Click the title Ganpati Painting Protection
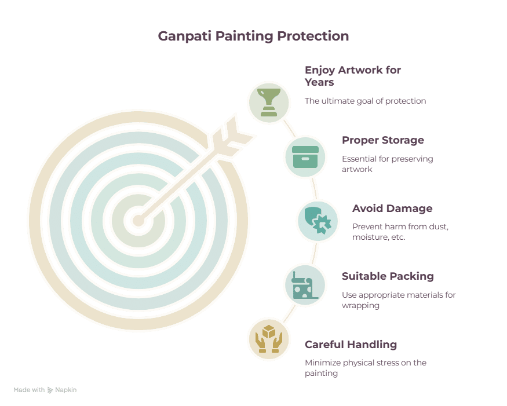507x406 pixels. tap(253, 36)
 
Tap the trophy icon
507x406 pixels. tap(269, 103)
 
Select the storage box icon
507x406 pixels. tap(305, 157)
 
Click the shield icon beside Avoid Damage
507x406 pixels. tap(318, 221)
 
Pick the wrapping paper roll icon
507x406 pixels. tap(305, 285)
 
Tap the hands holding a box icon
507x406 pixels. tap(269, 339)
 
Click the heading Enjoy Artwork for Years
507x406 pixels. tap(353, 76)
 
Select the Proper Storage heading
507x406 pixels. tap(383, 140)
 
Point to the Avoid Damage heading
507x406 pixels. tap(392, 209)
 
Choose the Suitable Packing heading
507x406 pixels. tap(388, 276)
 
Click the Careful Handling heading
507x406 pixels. tap(351, 345)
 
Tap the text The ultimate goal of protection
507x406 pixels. tap(366, 101)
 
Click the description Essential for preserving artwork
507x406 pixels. tap(388, 164)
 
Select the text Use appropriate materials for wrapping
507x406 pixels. tap(399, 300)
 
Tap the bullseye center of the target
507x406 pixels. tap(138, 221)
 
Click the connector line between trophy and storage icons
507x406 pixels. tap(290, 129)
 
